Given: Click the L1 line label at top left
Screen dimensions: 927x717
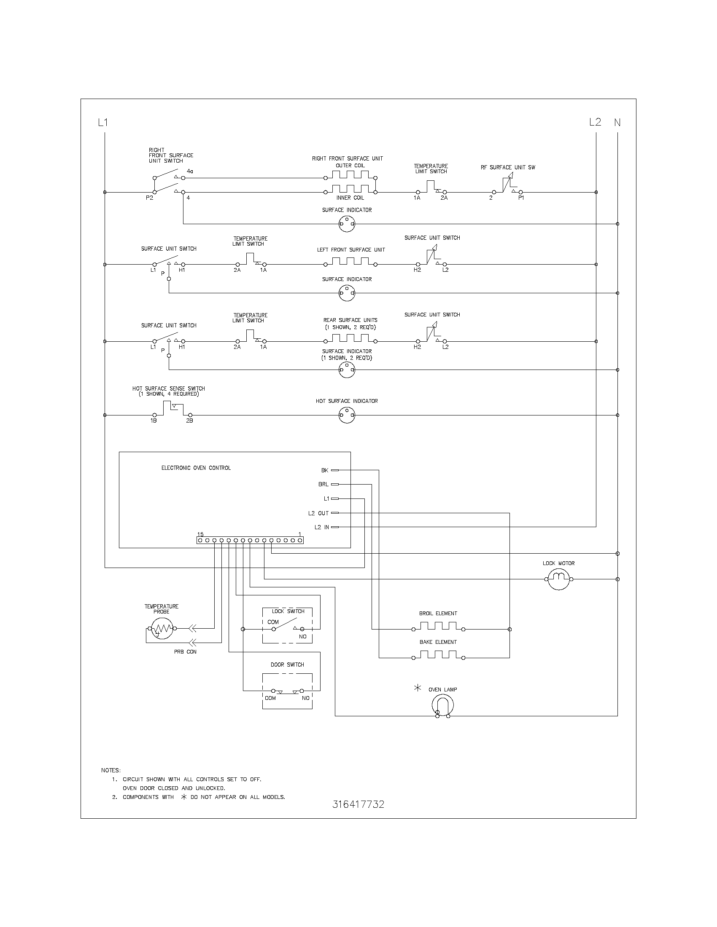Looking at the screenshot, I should pyautogui.click(x=103, y=123).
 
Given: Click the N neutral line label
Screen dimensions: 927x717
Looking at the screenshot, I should pyautogui.click(x=617, y=123).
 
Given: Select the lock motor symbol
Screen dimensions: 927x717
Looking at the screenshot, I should pyautogui.click(x=558, y=579).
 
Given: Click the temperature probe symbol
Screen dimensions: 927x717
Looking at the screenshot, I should pyautogui.click(x=162, y=629).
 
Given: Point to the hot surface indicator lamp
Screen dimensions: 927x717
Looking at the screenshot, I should pyautogui.click(x=347, y=415).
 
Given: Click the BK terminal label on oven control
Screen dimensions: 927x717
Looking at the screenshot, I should pyautogui.click(x=324, y=470).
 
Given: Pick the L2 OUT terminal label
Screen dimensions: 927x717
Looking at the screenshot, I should pyautogui.click(x=318, y=513).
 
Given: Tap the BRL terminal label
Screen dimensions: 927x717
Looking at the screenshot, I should pyautogui.click(x=323, y=484).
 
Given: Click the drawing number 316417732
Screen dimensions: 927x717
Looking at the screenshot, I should pyautogui.click(x=358, y=804).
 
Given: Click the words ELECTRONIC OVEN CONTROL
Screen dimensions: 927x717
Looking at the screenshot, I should pyautogui.click(x=196, y=468).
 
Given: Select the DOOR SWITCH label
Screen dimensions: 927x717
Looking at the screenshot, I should pyautogui.click(x=287, y=664).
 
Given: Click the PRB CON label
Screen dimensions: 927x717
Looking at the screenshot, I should pyautogui.click(x=185, y=651).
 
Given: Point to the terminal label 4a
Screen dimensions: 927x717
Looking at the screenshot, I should pyautogui.click(x=190, y=171).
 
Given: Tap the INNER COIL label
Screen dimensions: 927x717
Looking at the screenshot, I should pyautogui.click(x=350, y=198).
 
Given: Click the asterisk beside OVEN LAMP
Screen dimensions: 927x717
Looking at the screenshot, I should pyautogui.click(x=418, y=688).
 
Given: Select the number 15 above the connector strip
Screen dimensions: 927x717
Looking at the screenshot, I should pyautogui.click(x=200, y=534).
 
